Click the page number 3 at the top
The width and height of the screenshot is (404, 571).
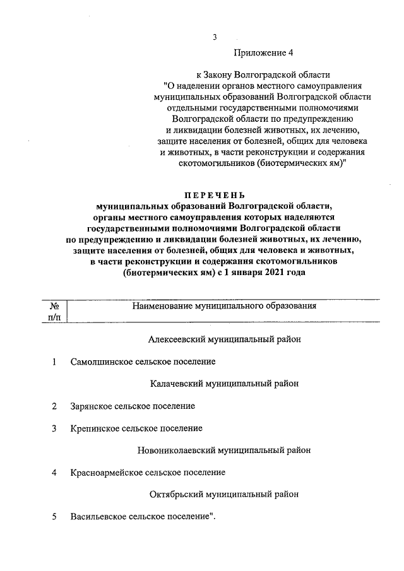215,37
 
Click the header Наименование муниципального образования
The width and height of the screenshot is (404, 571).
223,306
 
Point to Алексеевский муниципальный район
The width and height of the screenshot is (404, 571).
224,339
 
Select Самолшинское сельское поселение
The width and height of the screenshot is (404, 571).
143,362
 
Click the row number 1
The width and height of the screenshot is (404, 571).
55,362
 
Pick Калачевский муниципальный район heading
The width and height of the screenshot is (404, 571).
224,384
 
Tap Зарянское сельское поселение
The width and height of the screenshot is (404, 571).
133,406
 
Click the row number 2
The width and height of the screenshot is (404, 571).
55,406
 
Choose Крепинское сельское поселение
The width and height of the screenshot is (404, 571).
136,428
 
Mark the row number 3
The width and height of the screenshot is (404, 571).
55,428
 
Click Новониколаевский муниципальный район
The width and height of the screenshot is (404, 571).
223,450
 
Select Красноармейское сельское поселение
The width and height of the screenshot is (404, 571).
148,473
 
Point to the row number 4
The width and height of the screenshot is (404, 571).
55,473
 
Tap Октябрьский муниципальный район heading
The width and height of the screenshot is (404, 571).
224,494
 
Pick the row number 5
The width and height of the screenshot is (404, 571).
55,517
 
